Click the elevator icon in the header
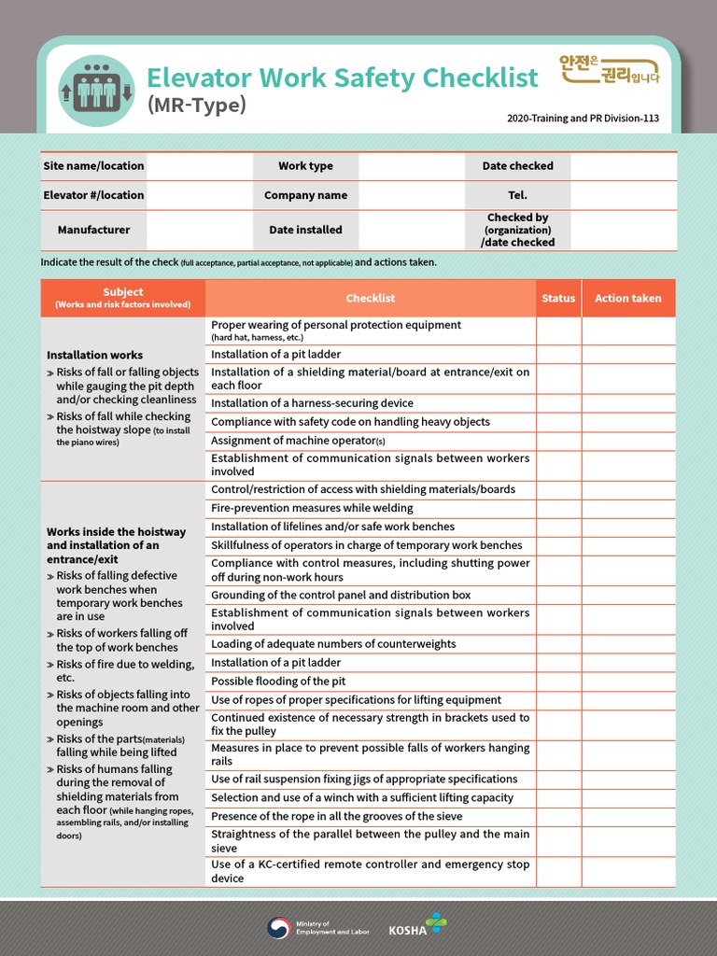tap(97, 91)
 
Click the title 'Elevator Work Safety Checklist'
tap(343, 77)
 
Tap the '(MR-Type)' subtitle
tap(197, 105)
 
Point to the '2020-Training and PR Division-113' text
tap(583, 119)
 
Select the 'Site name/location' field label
tap(93, 166)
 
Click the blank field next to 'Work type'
tap(411, 166)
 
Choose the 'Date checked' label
tap(517, 166)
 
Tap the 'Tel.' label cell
tap(517, 195)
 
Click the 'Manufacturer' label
tap(93, 230)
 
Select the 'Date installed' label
tap(305, 230)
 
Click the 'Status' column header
tap(558, 299)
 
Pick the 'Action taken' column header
tap(628, 299)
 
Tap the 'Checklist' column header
tap(371, 299)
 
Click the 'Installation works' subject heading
tap(95, 355)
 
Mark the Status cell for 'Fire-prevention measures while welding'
tap(558, 509)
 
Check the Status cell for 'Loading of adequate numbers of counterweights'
tap(558, 644)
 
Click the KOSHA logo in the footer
tap(417, 926)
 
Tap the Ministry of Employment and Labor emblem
tap(278, 927)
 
